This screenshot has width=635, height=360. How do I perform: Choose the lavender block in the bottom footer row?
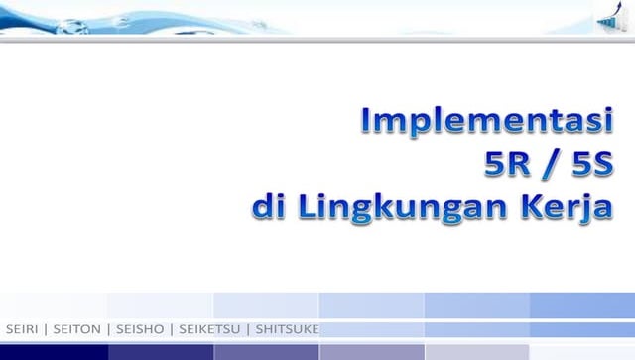coord(371,352)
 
